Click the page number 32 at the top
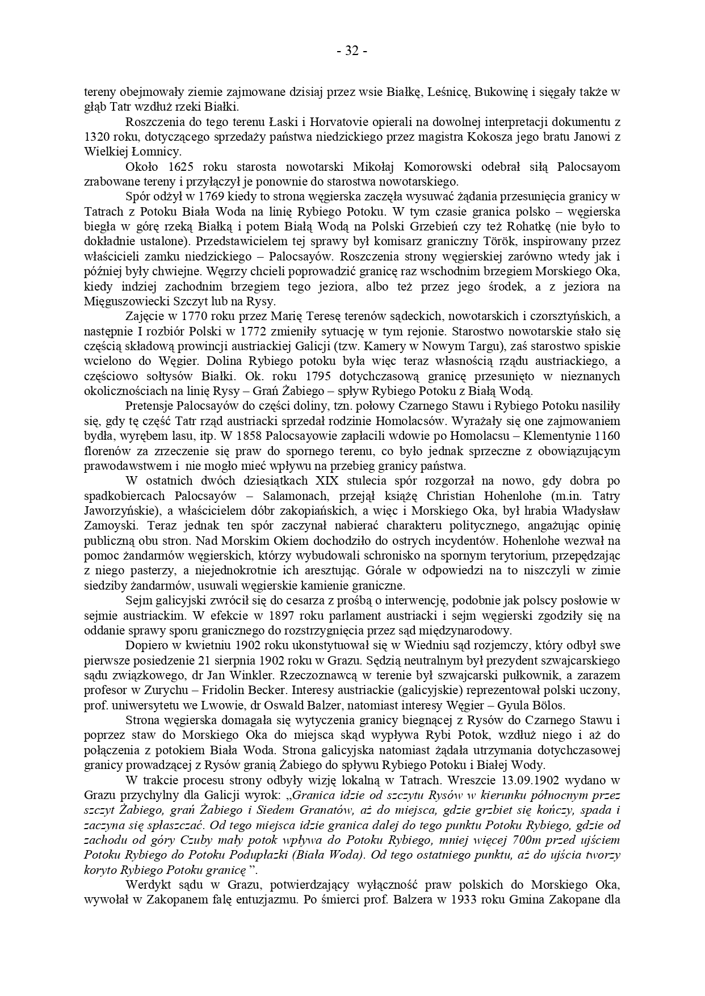(x=352, y=51)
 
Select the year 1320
(x=95, y=136)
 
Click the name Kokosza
(x=494, y=136)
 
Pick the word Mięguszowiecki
(x=119, y=301)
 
